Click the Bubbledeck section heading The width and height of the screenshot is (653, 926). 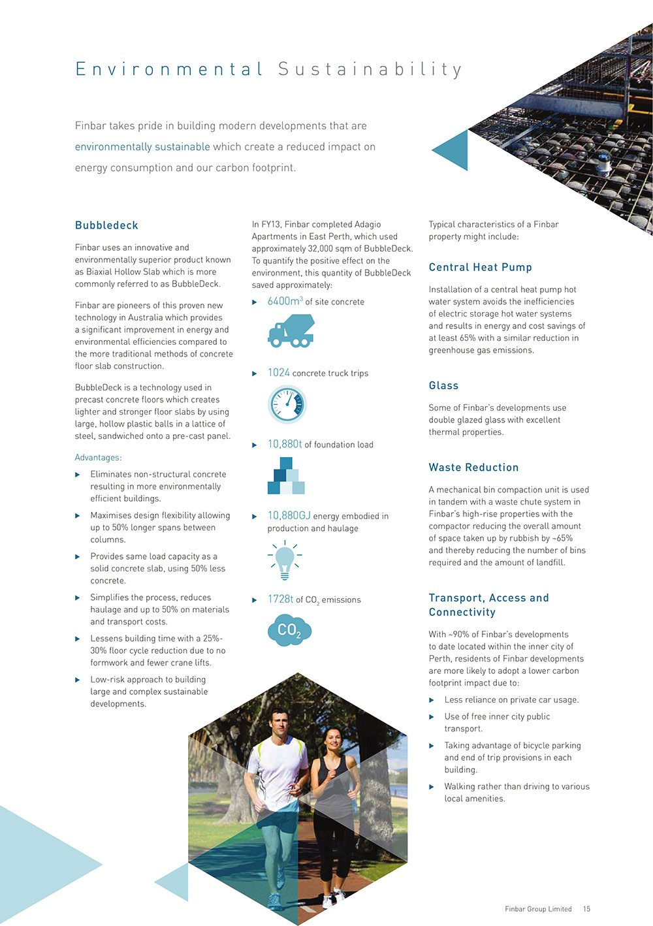coord(106,225)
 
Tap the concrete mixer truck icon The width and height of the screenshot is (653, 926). coord(291,330)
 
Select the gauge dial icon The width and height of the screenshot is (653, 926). coord(287,405)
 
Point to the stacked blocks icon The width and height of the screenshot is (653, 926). coord(286,476)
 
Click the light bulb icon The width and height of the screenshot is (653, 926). coord(285,560)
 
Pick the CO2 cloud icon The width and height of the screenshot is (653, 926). coord(289,630)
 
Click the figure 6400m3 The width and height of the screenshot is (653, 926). coord(285,302)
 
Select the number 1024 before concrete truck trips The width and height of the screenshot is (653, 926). coord(279,373)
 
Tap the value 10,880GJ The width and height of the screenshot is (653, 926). coord(289,516)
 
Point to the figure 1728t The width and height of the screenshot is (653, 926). coord(280,599)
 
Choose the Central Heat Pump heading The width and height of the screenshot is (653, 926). coord(480,267)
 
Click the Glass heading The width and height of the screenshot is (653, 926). coord(443,386)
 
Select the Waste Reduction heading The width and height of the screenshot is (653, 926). coord(473,468)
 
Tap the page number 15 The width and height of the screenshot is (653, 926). coord(586,909)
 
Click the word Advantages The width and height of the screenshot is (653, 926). coord(98,458)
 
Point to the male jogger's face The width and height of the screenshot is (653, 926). coord(280,724)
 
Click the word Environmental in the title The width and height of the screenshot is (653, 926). coord(169,69)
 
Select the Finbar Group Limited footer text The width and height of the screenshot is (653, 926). coord(538,909)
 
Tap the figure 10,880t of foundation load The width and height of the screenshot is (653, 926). coord(285,445)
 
